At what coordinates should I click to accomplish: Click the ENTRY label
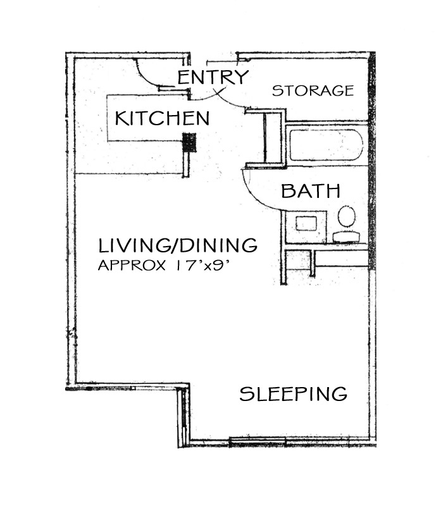[x=213, y=77]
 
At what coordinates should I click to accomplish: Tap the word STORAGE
[x=313, y=90]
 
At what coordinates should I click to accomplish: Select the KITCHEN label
[x=163, y=118]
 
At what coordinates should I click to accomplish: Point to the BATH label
[x=311, y=191]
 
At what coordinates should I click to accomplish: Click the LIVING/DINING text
[x=178, y=245]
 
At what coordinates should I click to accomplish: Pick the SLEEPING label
[x=294, y=393]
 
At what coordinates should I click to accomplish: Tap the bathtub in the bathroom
[x=327, y=145]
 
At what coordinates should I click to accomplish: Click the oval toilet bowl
[x=347, y=216]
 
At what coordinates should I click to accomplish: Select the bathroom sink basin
[x=306, y=224]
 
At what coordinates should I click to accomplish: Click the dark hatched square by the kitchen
[x=189, y=142]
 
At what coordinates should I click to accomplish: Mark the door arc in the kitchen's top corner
[x=147, y=75]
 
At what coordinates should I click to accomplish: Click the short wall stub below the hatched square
[x=186, y=164]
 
